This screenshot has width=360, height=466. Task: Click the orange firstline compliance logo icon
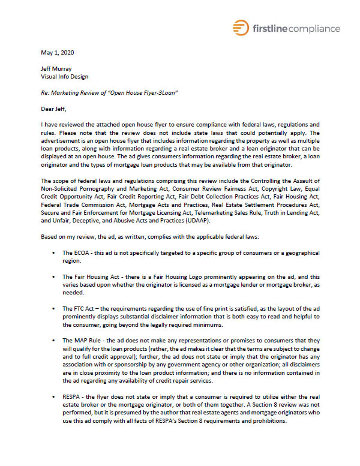[241, 28]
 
